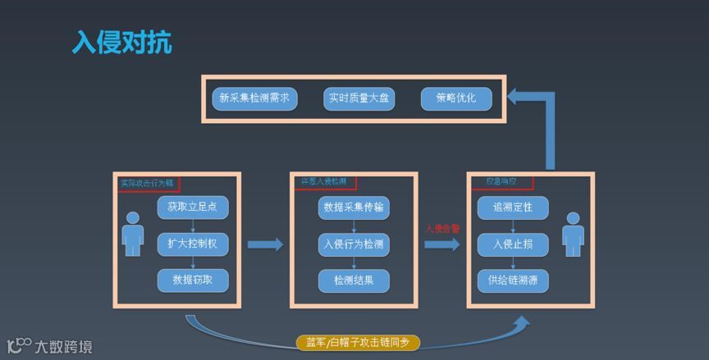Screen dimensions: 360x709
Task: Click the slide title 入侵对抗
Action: click(122, 42)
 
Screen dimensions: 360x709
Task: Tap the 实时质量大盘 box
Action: click(359, 99)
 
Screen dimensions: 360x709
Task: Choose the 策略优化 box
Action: click(456, 99)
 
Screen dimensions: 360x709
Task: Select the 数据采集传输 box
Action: click(354, 207)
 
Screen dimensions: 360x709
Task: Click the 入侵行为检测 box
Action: click(354, 244)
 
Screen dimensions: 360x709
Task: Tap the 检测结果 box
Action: click(354, 280)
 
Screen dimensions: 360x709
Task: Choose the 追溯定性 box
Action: click(513, 207)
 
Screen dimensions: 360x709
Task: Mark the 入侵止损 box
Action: click(513, 244)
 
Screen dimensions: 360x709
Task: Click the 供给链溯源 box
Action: click(513, 280)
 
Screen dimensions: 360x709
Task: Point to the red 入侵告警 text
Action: click(442, 229)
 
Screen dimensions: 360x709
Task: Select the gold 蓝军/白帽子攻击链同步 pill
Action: click(358, 342)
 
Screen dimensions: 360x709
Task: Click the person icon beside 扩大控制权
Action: click(132, 235)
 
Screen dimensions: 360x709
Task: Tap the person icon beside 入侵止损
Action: click(572, 235)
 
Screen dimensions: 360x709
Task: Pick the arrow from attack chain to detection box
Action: click(264, 244)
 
